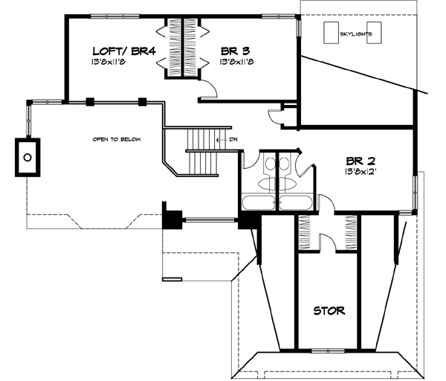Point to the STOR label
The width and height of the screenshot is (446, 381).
328,311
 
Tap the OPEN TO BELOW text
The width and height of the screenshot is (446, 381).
117,140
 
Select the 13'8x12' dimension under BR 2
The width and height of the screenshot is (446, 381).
360,172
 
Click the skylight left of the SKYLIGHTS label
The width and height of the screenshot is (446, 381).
330,33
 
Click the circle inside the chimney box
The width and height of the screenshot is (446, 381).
28,156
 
